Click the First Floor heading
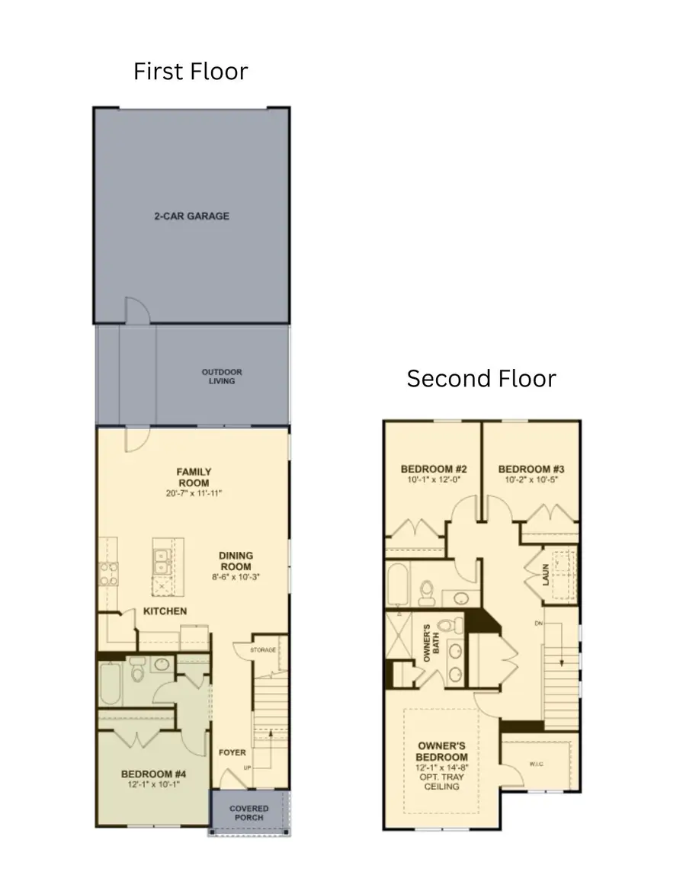click(x=191, y=72)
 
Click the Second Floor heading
click(x=481, y=378)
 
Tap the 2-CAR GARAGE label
click(x=191, y=216)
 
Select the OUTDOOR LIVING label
click(x=222, y=377)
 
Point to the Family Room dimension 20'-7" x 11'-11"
click(x=194, y=494)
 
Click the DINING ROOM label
click(x=236, y=561)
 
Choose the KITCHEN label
click(x=165, y=611)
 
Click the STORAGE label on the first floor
click(x=263, y=650)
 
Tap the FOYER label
click(x=232, y=752)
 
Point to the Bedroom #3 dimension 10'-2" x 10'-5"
click(x=531, y=480)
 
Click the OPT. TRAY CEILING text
click(x=441, y=781)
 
